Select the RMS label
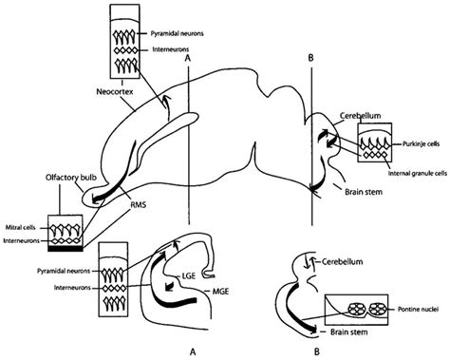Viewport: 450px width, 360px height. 137,201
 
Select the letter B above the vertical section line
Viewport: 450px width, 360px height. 310,55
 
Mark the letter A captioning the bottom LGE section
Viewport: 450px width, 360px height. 193,351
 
